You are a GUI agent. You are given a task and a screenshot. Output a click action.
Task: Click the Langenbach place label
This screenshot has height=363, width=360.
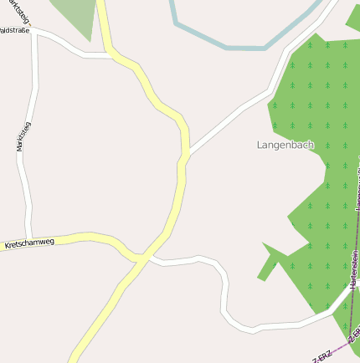click(x=285, y=145)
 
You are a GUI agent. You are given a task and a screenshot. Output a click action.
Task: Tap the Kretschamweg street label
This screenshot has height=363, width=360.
click(x=29, y=243)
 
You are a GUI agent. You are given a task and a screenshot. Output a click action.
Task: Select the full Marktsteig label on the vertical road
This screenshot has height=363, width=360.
click(x=23, y=136)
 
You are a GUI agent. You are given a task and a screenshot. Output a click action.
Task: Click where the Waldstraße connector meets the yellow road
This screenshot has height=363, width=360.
click(x=110, y=55)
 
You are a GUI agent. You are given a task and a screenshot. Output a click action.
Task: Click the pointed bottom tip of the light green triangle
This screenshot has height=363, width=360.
click(x=90, y=39)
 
